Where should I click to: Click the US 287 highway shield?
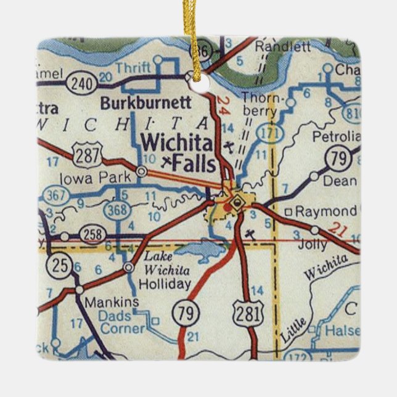click(88, 156)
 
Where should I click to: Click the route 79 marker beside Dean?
click(339, 159)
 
